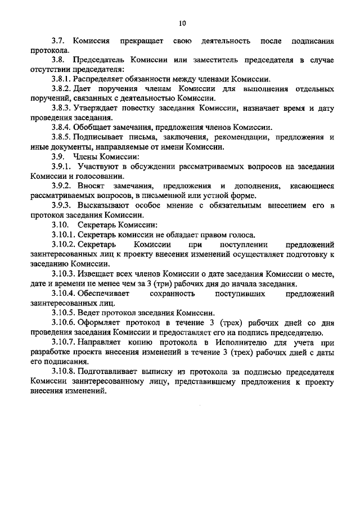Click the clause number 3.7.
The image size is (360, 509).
60,41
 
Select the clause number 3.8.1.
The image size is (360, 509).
62,79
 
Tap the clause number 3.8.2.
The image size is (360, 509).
62,89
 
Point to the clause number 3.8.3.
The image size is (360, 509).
62,108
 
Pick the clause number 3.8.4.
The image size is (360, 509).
62,128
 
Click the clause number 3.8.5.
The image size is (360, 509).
62,137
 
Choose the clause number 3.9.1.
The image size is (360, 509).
62,166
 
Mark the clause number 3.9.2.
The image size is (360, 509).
62,186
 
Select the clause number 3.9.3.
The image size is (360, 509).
62,205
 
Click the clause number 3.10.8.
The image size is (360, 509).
65,372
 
